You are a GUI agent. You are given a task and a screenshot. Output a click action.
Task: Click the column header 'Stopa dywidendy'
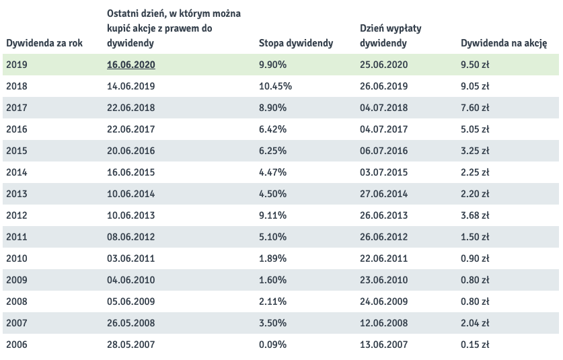pos(295,44)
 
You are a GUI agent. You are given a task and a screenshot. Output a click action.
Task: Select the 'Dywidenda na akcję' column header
pos(503,44)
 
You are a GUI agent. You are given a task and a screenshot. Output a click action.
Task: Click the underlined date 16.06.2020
pos(131,65)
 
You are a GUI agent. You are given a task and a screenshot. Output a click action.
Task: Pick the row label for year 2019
pos(16,65)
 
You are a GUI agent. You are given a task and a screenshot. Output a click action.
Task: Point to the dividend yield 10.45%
pos(275,86)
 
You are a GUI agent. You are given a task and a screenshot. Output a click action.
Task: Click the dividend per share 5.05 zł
pos(475,129)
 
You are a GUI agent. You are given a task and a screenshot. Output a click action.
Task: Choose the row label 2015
pos(16,151)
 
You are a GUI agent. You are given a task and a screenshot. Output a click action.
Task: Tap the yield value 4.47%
pos(272,172)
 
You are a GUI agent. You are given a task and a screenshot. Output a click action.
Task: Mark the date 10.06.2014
pos(131,194)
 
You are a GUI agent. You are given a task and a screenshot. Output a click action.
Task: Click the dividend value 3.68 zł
pos(475,215)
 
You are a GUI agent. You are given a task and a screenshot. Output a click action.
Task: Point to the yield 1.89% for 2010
pos(272,258)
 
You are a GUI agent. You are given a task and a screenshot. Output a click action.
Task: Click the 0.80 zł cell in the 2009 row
pos(475,280)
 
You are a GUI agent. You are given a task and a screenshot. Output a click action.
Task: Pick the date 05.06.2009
pos(131,301)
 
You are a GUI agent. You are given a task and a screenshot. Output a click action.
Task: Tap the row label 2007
pos(16,323)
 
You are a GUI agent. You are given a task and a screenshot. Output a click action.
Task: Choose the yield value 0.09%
pos(272,345)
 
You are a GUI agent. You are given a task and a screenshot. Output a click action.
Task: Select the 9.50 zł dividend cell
pos(475,65)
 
